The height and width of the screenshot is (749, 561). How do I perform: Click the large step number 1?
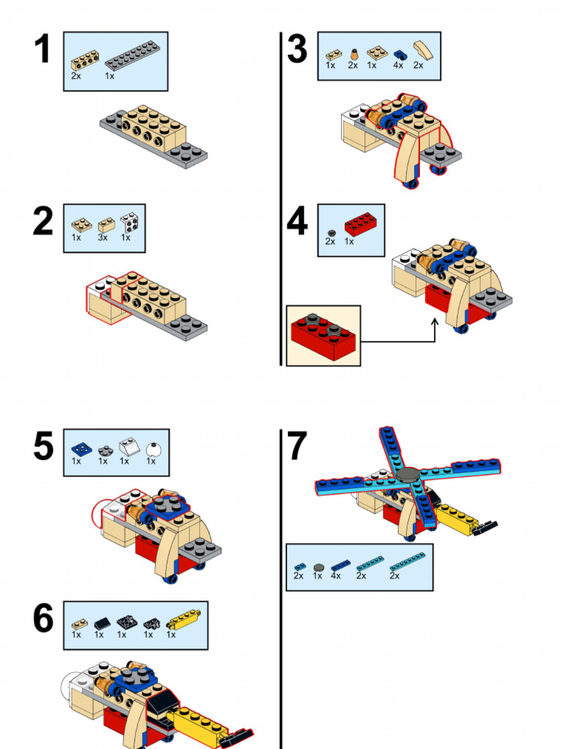43,50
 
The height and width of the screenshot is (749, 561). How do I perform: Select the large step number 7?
297,447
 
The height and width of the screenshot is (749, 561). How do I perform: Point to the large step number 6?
43,620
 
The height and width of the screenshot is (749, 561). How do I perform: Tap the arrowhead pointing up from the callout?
435,323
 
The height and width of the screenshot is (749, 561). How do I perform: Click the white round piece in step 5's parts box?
152,449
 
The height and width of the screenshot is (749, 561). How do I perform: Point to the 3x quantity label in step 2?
103,238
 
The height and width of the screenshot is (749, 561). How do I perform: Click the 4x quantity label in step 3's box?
398,65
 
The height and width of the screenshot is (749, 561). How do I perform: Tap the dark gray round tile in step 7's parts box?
318,567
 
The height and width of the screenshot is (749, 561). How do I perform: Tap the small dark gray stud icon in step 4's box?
331,231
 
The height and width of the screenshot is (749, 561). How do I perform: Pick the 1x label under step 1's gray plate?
110,75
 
